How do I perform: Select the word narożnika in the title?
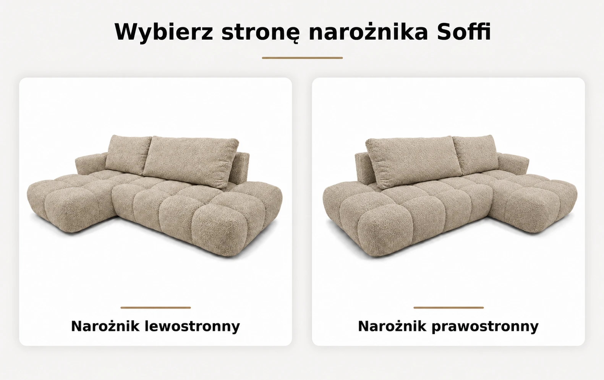368,32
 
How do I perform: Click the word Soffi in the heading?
463,32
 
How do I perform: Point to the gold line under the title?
302,58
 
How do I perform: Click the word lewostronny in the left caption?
192,327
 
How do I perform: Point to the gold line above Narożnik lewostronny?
155,307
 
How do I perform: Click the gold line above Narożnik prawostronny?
449,307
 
